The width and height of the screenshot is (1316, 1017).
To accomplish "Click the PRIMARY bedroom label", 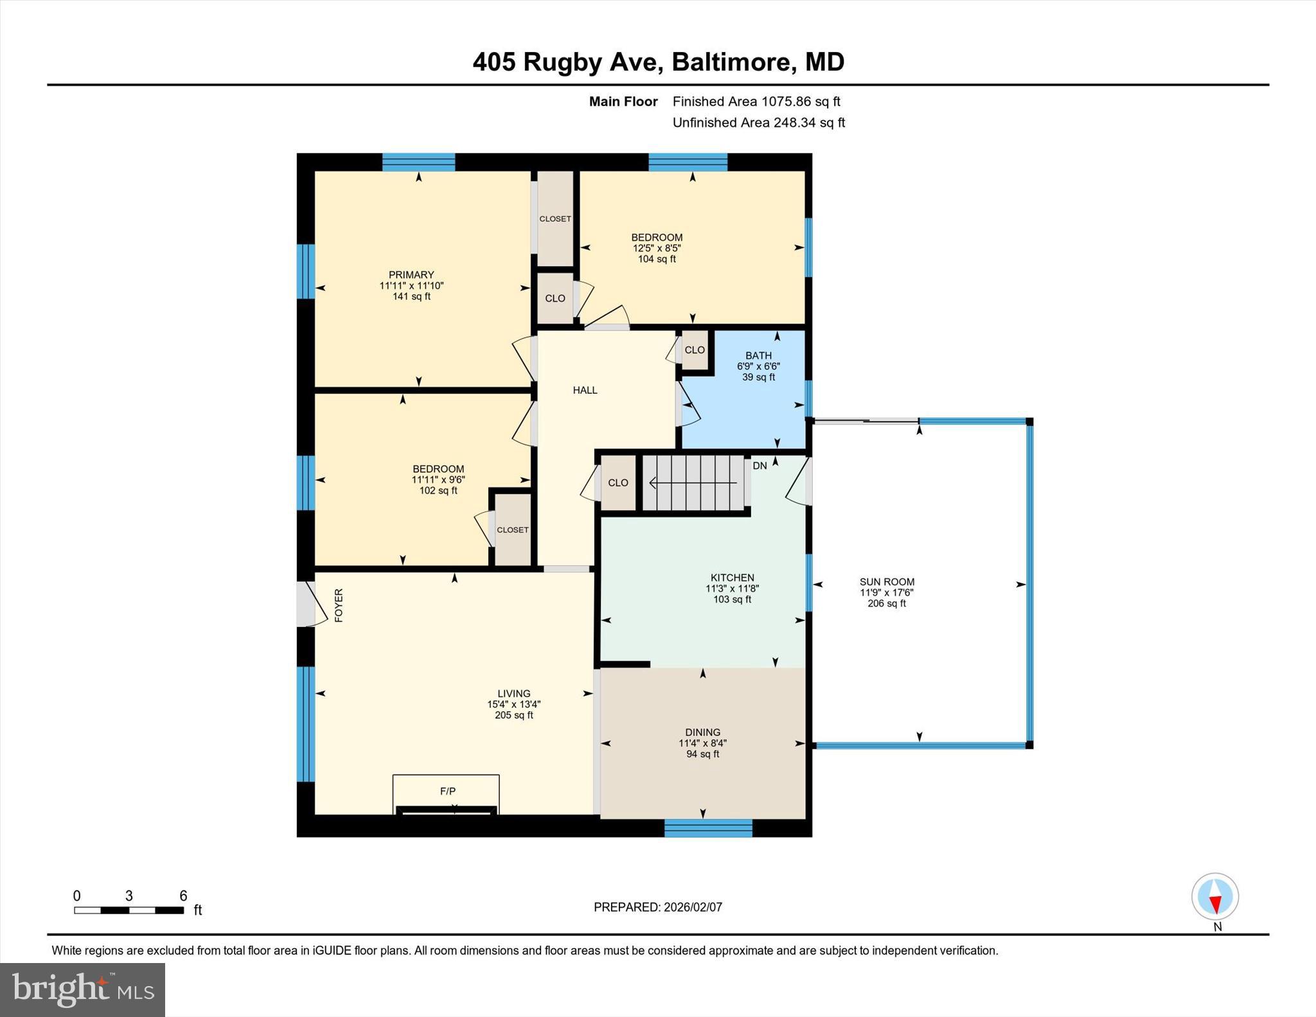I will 411,274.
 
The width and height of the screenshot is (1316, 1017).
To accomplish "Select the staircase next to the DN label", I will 694,483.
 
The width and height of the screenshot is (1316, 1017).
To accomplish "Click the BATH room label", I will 758,355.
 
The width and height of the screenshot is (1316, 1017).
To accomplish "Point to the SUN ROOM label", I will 887,582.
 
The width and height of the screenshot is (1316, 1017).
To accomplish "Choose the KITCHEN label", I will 732,578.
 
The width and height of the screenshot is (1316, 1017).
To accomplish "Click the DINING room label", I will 702,732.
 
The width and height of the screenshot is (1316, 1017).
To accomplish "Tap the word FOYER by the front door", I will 339,605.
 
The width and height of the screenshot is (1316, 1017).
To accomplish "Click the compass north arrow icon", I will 1214,896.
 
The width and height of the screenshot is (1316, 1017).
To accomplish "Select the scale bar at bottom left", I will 129,910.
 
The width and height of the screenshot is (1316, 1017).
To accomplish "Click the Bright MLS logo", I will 82,989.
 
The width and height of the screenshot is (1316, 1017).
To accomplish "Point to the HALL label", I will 585,390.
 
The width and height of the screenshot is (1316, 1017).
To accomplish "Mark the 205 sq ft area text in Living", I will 513,715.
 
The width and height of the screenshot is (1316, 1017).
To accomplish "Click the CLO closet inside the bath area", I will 695,350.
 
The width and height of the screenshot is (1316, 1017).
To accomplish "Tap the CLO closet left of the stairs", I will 618,483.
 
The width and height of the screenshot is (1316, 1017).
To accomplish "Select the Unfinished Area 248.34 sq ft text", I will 758,123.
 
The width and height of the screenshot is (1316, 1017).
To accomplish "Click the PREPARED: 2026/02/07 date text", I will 657,907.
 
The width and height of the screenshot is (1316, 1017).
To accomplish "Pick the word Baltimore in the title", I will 731,62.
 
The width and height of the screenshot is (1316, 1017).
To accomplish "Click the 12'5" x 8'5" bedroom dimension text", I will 656,248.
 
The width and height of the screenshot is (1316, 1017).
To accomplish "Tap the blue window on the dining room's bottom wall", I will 707,828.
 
